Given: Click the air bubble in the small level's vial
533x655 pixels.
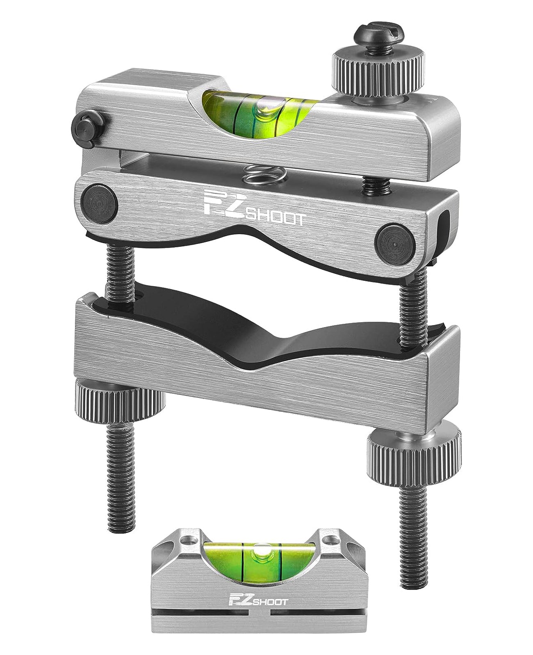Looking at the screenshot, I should pos(260,551).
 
